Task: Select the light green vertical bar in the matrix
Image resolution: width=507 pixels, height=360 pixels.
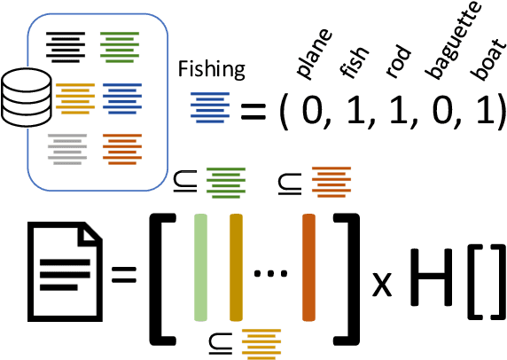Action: point(202,267)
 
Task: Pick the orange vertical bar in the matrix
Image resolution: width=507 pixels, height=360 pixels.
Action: point(309,267)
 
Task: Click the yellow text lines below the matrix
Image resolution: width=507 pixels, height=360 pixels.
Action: point(261,339)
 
